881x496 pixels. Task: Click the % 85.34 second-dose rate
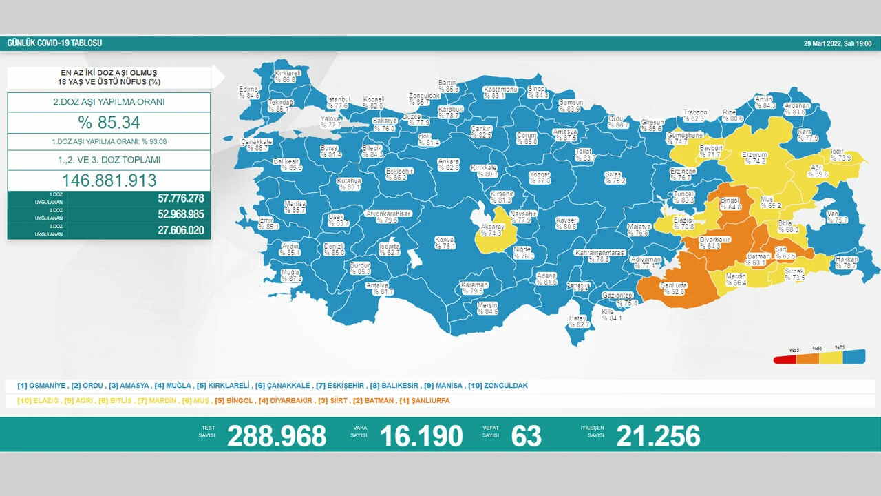tap(109, 123)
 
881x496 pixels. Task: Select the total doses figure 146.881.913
tap(109, 180)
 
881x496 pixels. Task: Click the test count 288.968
tap(277, 436)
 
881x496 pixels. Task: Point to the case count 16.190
tap(421, 436)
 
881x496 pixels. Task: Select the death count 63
tap(527, 436)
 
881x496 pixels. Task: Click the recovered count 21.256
tap(658, 436)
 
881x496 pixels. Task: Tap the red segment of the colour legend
tap(785, 359)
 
